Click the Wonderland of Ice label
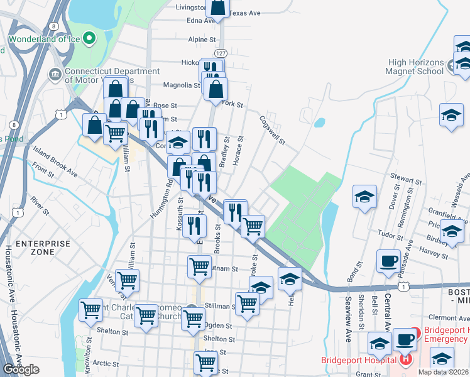tap(42, 50)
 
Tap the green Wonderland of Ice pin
tap(90, 38)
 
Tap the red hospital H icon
tap(406, 359)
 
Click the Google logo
tap(21, 369)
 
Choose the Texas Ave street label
tap(244, 13)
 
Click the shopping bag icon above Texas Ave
tap(218, 7)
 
